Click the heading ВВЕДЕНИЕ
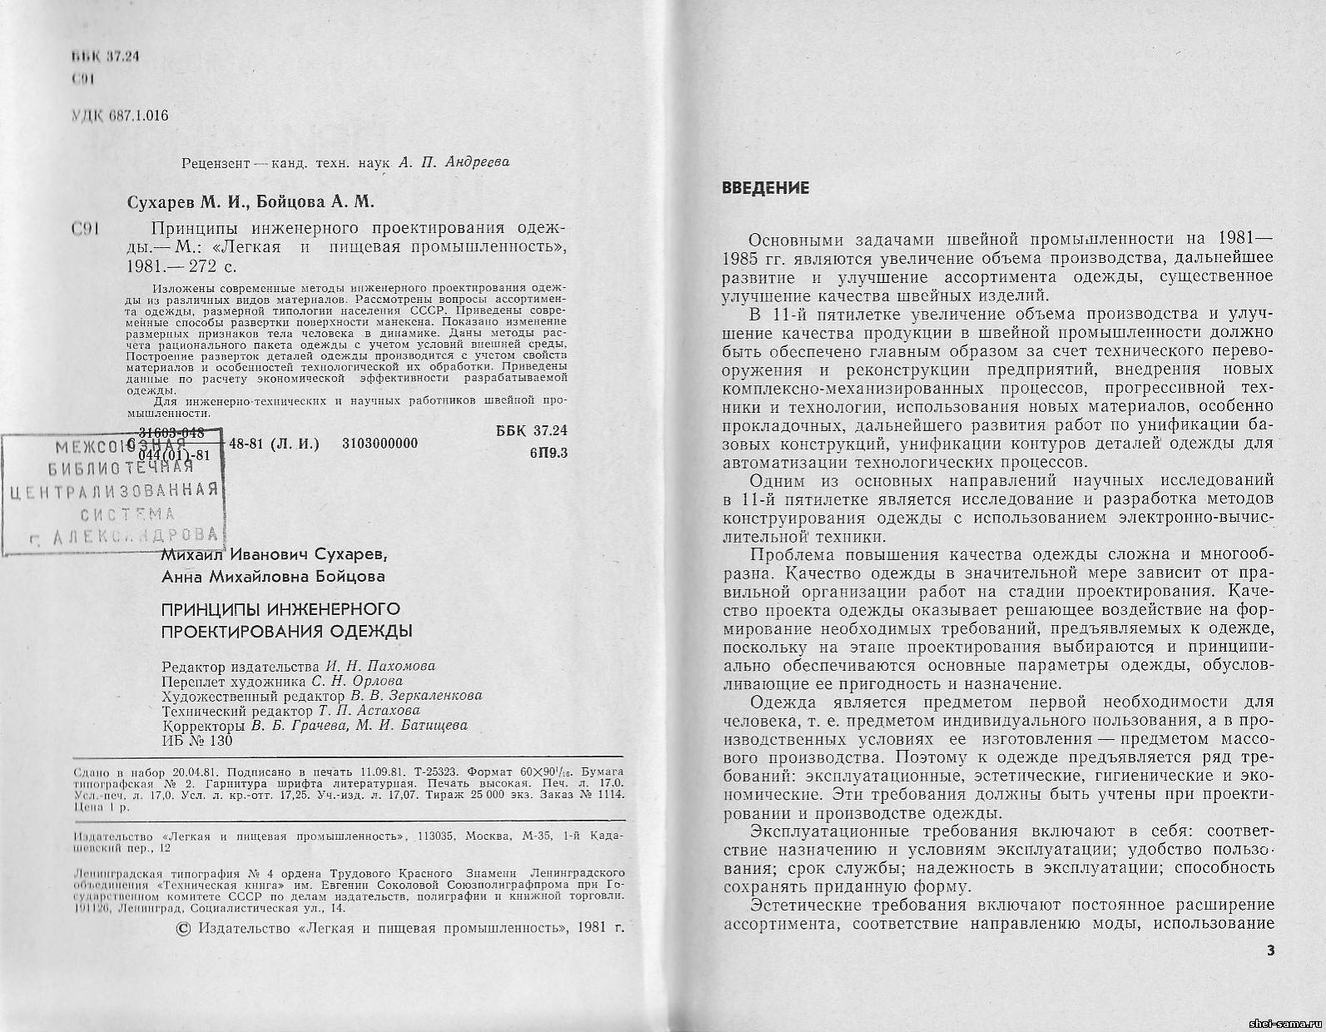(765, 188)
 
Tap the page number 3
(1269, 951)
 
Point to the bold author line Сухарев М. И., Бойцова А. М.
(251, 201)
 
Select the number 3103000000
(380, 444)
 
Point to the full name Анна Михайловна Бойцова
(272, 576)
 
